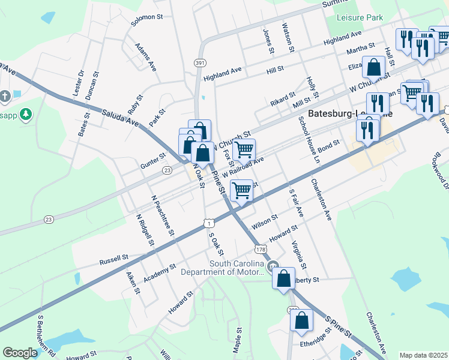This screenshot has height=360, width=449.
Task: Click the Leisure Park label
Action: click(x=360, y=18)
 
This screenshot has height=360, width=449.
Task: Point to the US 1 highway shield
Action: click(x=208, y=223)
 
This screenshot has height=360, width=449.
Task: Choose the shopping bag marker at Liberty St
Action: click(x=283, y=278)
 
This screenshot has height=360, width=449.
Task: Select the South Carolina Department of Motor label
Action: click(x=237, y=268)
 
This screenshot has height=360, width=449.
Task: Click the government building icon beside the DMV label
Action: click(x=273, y=266)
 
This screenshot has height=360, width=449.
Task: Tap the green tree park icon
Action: click(x=25, y=113)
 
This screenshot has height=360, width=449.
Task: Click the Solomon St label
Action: click(x=148, y=18)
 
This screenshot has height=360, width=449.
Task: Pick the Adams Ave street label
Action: click(x=145, y=57)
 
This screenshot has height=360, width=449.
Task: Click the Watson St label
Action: click(x=288, y=34)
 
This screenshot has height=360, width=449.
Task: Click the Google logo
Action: click(x=20, y=353)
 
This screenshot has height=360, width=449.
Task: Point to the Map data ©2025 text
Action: click(x=423, y=355)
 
